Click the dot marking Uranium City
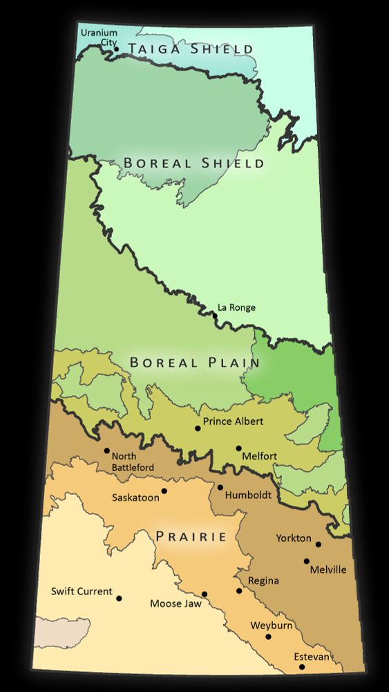[116, 48]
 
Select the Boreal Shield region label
[193, 163]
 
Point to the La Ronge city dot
[215, 316]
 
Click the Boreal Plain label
[194, 362]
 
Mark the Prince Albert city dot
[198, 428]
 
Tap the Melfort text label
[260, 456]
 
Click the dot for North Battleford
[106, 450]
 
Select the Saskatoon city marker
[164, 491]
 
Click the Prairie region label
[191, 536]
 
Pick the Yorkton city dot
[319, 545]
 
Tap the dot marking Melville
[307, 561]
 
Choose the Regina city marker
[239, 591]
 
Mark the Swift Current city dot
[119, 599]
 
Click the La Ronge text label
[236, 308]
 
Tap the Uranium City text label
[99, 37]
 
